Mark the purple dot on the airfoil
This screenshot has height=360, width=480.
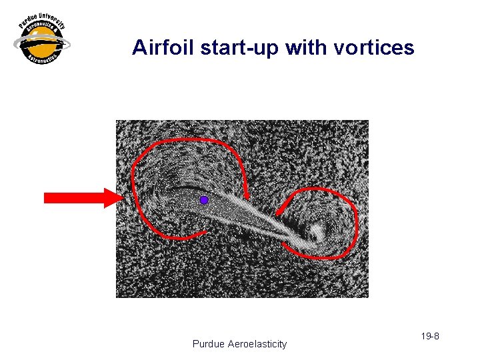(x=204, y=200)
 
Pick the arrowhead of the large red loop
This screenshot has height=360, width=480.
(x=247, y=195)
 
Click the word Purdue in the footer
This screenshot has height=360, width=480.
(x=209, y=344)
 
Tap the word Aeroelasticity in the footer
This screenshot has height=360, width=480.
(x=257, y=344)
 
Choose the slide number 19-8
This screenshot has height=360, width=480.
(x=430, y=336)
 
